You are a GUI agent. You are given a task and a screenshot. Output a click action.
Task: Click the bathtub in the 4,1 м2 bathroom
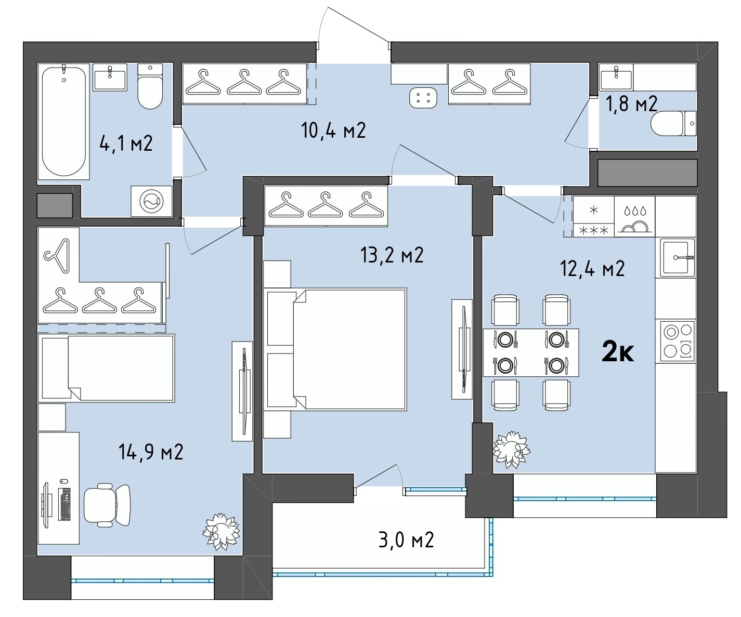[63, 121]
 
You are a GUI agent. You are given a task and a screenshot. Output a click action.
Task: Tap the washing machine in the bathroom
[152, 201]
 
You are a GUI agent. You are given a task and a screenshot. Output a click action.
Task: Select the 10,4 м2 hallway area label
[333, 130]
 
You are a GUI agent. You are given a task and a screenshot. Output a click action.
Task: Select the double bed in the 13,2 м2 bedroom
[336, 349]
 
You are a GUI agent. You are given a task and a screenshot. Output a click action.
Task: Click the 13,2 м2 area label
[392, 255]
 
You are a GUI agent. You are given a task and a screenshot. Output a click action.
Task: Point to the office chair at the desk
[107, 505]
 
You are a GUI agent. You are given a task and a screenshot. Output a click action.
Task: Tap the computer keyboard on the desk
[64, 504]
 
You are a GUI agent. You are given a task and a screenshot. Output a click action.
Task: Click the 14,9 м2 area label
[151, 452]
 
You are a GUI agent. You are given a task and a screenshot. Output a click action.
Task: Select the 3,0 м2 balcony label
[406, 540]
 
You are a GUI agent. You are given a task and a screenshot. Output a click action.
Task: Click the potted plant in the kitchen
[511, 449]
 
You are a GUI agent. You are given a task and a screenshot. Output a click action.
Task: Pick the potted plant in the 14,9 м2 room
[220, 531]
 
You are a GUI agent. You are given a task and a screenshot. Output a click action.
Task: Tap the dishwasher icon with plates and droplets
[635, 216]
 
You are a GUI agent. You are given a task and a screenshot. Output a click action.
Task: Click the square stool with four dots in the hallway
[423, 98]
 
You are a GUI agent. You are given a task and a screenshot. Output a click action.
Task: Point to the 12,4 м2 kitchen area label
[592, 268]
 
